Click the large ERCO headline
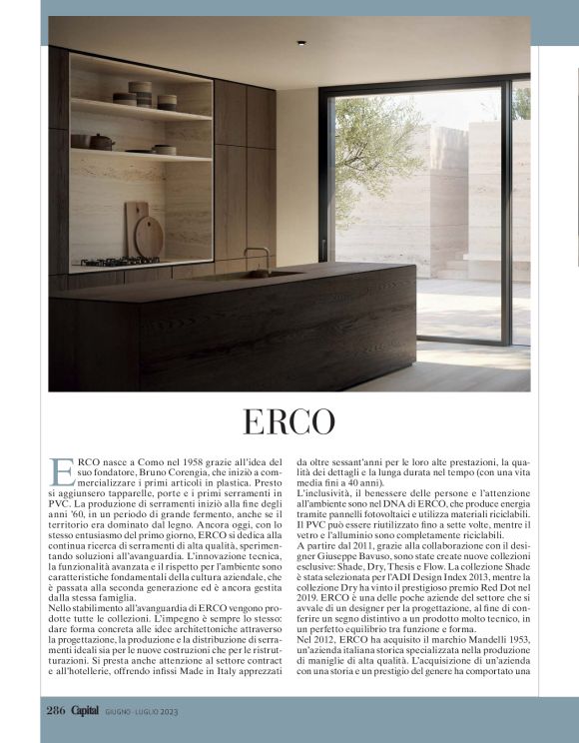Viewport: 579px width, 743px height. tap(289, 421)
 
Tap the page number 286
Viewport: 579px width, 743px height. tap(54, 710)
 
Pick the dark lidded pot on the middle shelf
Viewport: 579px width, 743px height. tap(104, 141)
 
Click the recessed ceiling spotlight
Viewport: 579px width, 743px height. tap(299, 43)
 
